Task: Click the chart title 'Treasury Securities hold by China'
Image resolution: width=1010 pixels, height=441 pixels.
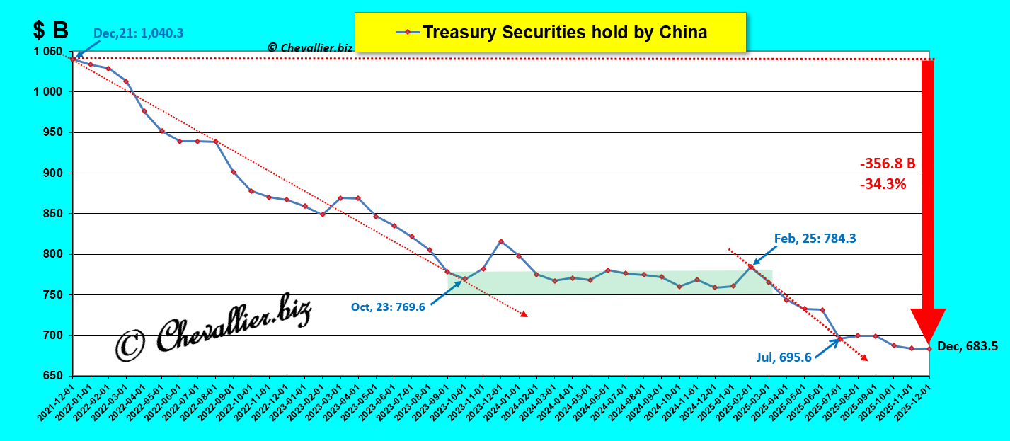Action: tap(565, 33)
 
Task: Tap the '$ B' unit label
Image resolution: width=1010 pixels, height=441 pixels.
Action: tap(50, 30)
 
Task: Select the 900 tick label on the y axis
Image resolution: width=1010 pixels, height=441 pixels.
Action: tap(54, 173)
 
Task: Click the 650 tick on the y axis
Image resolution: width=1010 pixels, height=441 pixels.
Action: tap(54, 376)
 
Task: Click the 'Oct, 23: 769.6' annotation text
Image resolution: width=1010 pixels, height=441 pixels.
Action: tap(388, 307)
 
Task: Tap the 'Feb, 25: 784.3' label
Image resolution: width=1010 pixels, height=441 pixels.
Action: tap(815, 239)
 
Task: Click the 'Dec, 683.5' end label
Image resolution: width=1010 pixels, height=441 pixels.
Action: tap(968, 346)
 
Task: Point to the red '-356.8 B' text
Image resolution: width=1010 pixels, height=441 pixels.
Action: tap(888, 164)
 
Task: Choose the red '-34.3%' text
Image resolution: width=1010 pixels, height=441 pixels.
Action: tap(883, 184)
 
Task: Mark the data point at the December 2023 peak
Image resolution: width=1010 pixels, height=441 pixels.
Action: tap(501, 241)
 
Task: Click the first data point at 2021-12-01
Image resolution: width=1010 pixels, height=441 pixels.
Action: tap(73, 59)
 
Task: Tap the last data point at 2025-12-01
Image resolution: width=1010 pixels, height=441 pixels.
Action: tap(929, 348)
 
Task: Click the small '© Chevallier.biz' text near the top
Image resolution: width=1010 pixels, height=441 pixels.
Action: tap(309, 47)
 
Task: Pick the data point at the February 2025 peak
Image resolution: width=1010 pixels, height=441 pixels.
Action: tap(750, 266)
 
